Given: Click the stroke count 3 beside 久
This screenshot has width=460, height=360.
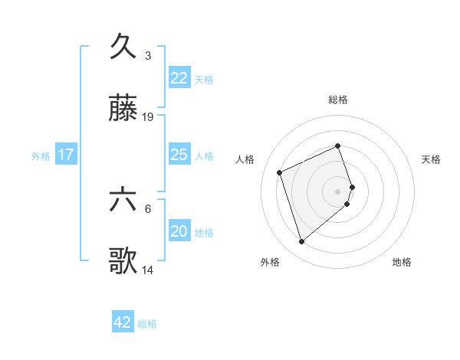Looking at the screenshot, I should (x=148, y=56).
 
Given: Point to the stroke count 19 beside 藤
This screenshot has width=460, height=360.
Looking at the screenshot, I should (x=148, y=117).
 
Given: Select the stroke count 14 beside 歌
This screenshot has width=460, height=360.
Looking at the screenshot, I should (x=148, y=270).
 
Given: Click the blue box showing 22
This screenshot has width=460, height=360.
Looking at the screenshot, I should (x=179, y=78).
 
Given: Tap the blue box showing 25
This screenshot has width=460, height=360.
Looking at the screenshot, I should (x=179, y=155).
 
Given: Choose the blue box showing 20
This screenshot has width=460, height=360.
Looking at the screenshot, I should (x=179, y=231).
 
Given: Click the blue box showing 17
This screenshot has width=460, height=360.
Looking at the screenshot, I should (x=66, y=155).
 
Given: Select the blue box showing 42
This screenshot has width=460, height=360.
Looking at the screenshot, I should (x=123, y=322).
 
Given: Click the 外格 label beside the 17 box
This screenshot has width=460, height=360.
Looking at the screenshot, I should (x=41, y=155).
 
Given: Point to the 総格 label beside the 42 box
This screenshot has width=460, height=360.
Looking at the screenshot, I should (x=147, y=324).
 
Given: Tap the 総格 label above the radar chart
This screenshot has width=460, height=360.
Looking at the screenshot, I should (x=338, y=100).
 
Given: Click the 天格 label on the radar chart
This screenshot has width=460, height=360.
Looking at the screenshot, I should (x=432, y=159).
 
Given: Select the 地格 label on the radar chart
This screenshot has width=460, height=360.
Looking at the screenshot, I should (x=402, y=262).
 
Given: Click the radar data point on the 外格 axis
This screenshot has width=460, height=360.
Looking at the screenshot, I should (x=301, y=242).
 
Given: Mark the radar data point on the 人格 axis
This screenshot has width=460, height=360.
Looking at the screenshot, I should (x=280, y=172).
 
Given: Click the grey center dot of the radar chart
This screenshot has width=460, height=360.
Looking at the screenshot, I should (x=338, y=191).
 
